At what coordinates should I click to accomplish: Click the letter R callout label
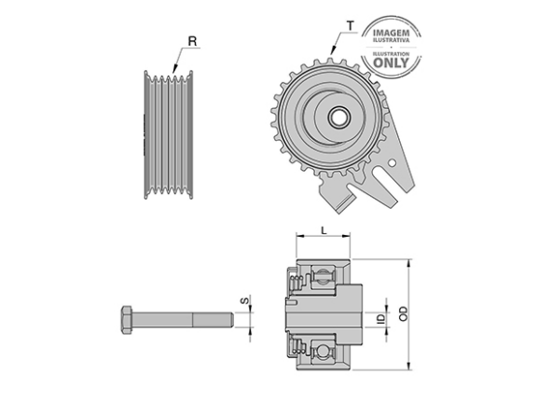pos(192,41)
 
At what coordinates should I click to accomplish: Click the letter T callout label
pos(350,26)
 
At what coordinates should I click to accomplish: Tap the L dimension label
pos(324,230)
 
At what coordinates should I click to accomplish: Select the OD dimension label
pos(404,313)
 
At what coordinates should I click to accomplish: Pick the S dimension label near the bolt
pos(244,301)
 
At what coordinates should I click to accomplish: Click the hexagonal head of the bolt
pos(127,319)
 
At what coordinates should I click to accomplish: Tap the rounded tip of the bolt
pos(231,320)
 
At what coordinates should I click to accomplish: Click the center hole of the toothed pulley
pos(338,118)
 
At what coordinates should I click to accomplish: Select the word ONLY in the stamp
pos(391,62)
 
